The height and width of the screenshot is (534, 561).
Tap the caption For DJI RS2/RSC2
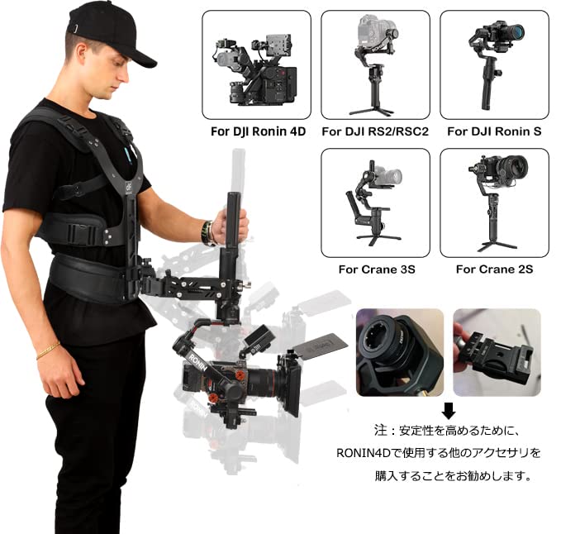click(374, 131)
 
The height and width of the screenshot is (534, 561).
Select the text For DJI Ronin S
click(493, 131)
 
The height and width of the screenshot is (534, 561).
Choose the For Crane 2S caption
click(493, 269)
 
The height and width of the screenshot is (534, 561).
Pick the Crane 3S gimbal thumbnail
click(374, 203)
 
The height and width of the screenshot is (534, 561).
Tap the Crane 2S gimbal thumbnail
click(493, 203)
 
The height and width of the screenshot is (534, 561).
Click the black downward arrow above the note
click(448, 410)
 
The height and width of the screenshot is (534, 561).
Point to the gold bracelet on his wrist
click(48, 350)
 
